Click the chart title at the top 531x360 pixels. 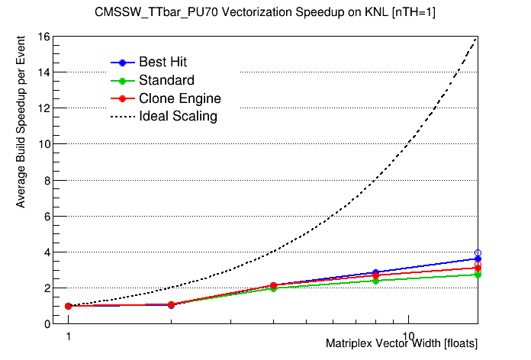pos(265,12)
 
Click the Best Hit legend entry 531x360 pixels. pos(163,62)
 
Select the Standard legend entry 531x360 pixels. pos(166,80)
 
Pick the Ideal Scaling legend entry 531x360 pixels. pos(178,117)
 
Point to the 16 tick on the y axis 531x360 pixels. pos(44,37)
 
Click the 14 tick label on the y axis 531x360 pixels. pos(44,72)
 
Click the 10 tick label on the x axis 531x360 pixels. pos(409,336)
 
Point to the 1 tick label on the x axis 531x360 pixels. pos(68,336)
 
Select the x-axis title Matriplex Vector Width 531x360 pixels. pos(401,344)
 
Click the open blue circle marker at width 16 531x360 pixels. pos(478,252)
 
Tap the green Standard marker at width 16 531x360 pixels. pos(478,274)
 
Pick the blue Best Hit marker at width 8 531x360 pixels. pos(375,272)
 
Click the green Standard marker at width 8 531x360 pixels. pos(375,281)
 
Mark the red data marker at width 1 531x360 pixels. pos(68,306)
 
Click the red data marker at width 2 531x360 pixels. pos(171,304)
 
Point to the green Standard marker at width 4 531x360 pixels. pos(273,288)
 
